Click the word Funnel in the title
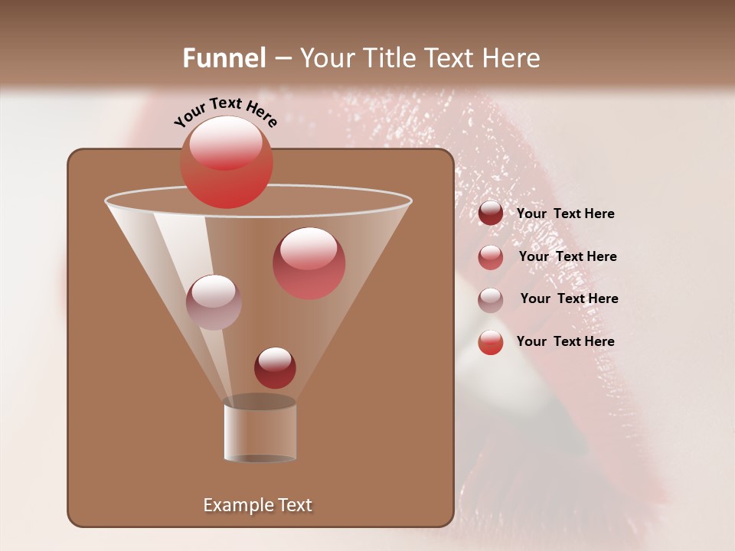pos(224,58)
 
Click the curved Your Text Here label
pos(226,112)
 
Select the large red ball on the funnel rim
pos(226,162)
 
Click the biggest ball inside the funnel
pos(309,262)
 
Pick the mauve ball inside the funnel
pos(214,302)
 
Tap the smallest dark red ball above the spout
pos(275,367)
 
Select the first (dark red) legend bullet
pos(491,214)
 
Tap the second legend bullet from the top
pos(491,256)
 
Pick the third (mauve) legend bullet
pos(491,299)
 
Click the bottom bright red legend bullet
pos(491,342)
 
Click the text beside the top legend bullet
pos(565,214)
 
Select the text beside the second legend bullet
pos(567,256)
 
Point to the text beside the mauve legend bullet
pos(569,298)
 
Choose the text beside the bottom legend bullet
pos(565,341)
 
